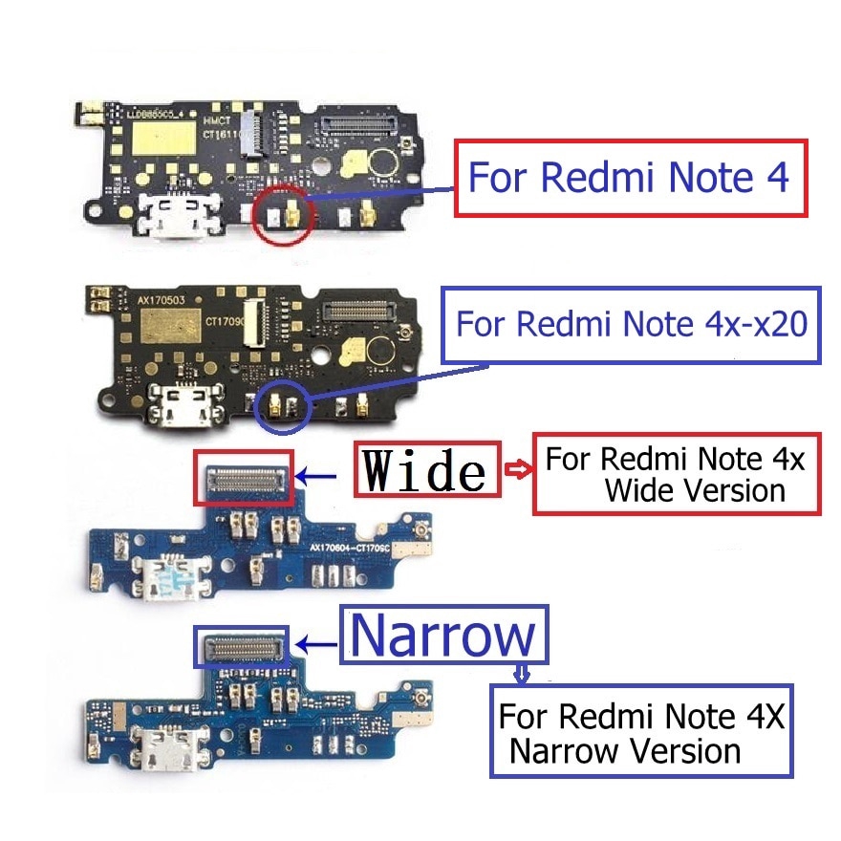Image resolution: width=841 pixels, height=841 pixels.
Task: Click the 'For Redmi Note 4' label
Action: tap(630, 178)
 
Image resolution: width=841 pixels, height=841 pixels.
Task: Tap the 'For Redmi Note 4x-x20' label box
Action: tap(631, 324)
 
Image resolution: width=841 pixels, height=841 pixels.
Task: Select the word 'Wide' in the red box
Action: tap(427, 468)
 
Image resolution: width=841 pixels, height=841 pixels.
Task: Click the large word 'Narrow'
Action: tap(444, 633)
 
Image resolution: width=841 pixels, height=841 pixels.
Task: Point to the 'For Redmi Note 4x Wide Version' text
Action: tap(676, 474)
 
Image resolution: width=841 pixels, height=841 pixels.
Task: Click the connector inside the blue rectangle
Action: tap(241, 647)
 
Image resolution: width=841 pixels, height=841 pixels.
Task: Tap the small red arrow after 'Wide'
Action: tap(516, 468)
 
